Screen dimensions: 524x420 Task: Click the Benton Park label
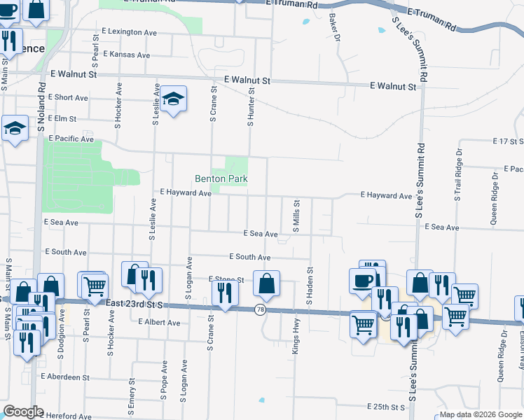pos(221,179)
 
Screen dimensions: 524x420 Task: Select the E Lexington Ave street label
pos(129,32)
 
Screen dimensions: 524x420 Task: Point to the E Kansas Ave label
pos(126,55)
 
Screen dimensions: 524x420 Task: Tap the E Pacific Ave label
pos(71,139)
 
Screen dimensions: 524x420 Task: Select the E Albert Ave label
pos(159,323)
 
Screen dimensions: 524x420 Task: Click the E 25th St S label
pos(386,407)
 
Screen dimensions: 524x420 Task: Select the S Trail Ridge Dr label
pos(459,175)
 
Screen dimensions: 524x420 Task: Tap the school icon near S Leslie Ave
pos(172,99)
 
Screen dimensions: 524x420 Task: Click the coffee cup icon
pos(362,281)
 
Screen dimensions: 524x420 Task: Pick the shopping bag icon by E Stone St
pos(266,283)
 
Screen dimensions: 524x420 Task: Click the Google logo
pos(23,412)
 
